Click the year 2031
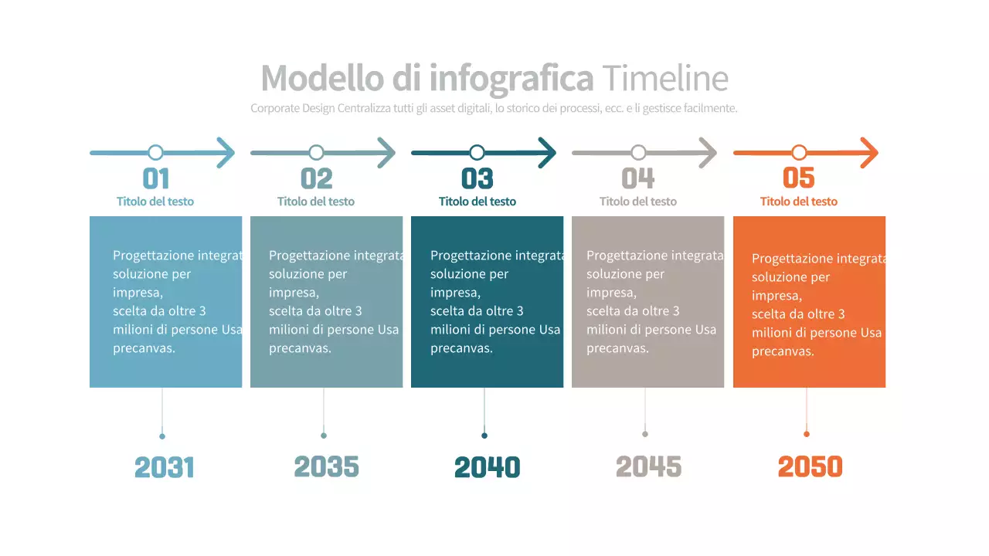pyautogui.click(x=165, y=467)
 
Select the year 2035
pyautogui.click(x=326, y=466)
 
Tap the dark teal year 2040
pyautogui.click(x=487, y=467)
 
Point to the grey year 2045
pyautogui.click(x=648, y=466)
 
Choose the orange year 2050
pyautogui.click(x=810, y=466)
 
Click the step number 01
pyautogui.click(x=156, y=178)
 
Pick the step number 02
pyautogui.click(x=316, y=178)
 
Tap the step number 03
pyautogui.click(x=477, y=178)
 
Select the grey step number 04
pyautogui.click(x=638, y=178)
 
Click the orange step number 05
pyautogui.click(x=799, y=178)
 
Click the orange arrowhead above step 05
pyautogui.click(x=870, y=152)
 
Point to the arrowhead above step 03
pyautogui.click(x=548, y=152)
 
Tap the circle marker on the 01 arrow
pyautogui.click(x=155, y=152)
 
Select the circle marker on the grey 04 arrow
pyautogui.click(x=638, y=152)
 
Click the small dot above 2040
pyautogui.click(x=484, y=436)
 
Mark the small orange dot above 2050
pyautogui.click(x=807, y=434)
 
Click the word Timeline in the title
pyautogui.click(x=664, y=78)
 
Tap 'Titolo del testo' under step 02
pyautogui.click(x=316, y=202)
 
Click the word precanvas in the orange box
pyautogui.click(x=783, y=351)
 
